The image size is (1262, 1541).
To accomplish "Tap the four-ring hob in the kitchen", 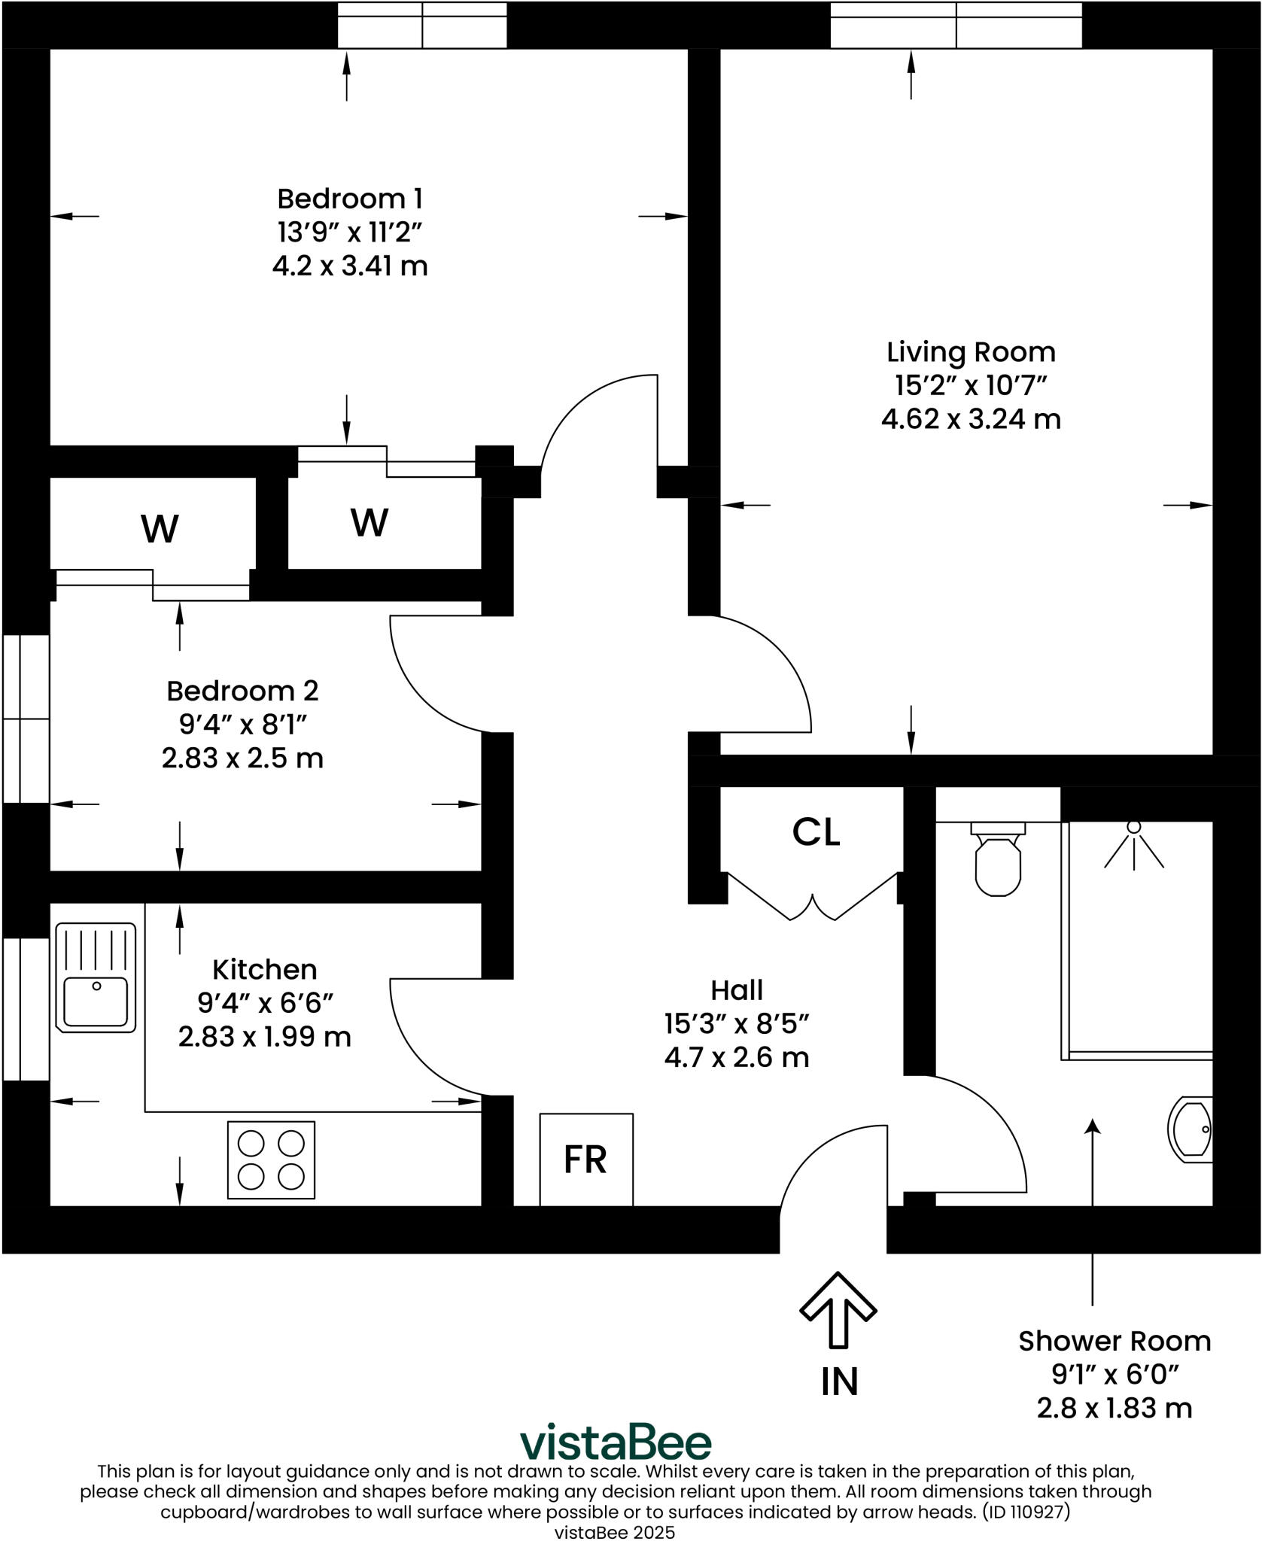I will click(x=271, y=1160).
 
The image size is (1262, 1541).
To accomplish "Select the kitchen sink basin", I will click(x=96, y=1001).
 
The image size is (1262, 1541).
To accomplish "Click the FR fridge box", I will click(x=585, y=1160).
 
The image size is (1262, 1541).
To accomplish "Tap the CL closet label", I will click(x=816, y=832).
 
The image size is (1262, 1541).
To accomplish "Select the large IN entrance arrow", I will click(x=838, y=1308).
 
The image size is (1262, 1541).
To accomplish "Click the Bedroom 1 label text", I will click(x=350, y=199).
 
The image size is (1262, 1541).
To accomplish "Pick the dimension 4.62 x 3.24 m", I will click(x=971, y=419).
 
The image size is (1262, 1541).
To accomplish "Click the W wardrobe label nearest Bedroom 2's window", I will click(x=160, y=529).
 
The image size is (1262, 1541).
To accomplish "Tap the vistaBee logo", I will click(x=616, y=1442).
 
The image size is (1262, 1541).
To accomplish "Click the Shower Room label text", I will click(x=1115, y=1341).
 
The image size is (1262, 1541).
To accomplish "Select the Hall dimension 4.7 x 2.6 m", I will click(x=736, y=1057).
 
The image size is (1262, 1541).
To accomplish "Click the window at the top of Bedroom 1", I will click(x=421, y=26).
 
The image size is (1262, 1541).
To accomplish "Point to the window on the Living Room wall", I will click(x=956, y=26).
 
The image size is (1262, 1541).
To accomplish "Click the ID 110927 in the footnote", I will click(x=1026, y=1512).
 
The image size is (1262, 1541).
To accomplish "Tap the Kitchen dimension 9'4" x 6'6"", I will click(x=265, y=1003).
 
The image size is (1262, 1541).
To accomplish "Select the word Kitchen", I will click(x=265, y=969).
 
